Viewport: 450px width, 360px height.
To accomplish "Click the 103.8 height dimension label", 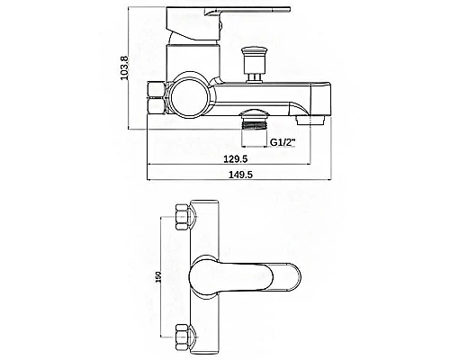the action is pos(124,68).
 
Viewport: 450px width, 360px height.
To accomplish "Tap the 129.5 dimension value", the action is pos(236,158).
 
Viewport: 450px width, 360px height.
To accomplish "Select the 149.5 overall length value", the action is pos(240,175).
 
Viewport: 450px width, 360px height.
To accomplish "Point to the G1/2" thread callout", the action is pos(283,142).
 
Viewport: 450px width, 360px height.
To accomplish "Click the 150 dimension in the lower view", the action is pos(158,277).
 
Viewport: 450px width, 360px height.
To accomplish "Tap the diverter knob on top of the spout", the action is pos(255,64).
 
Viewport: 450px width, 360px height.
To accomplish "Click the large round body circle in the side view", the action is pos(190,94).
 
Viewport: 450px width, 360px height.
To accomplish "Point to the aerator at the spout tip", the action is pos(310,121).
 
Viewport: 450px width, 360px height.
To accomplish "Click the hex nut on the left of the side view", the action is pos(157,97).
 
